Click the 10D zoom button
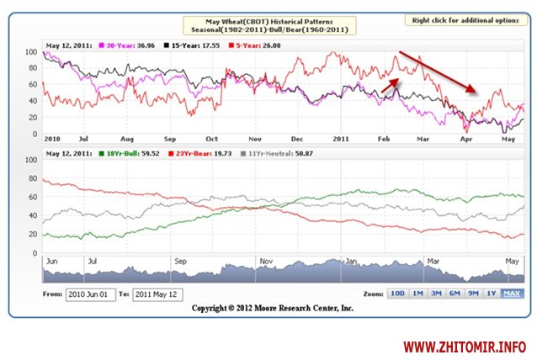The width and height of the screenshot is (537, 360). pos(397,294)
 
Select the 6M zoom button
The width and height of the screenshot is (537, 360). pos(454,294)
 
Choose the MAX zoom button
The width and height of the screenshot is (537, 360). pos(511,294)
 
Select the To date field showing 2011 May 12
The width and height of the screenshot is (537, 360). pos(159,294)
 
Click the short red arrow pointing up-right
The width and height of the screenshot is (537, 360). pos(389,82)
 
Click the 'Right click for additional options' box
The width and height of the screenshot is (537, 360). pos(466,19)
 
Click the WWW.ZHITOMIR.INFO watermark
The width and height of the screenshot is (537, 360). pos(465,346)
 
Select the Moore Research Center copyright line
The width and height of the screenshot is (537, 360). pos(273,309)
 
